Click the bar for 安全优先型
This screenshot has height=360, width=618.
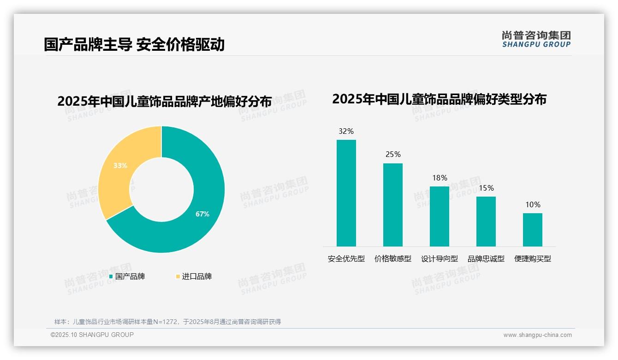(346, 193)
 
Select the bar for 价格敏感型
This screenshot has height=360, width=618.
(392, 204)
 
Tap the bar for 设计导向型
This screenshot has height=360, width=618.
(439, 216)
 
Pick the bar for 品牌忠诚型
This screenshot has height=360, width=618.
(486, 221)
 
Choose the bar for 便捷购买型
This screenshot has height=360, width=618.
(532, 229)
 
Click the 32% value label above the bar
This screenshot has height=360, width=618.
(346, 131)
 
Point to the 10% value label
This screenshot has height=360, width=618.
(533, 204)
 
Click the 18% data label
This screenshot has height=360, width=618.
(440, 178)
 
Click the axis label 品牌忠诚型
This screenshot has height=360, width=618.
(486, 259)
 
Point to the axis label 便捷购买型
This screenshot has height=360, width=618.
(533, 259)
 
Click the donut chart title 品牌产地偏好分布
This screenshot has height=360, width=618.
(165, 101)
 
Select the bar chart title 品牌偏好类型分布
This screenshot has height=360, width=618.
(439, 99)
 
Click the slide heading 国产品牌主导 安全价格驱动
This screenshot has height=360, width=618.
(134, 44)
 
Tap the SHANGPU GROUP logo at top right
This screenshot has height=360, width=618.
(536, 39)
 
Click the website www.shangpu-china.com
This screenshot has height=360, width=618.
(537, 335)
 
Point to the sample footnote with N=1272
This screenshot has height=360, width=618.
(167, 322)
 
